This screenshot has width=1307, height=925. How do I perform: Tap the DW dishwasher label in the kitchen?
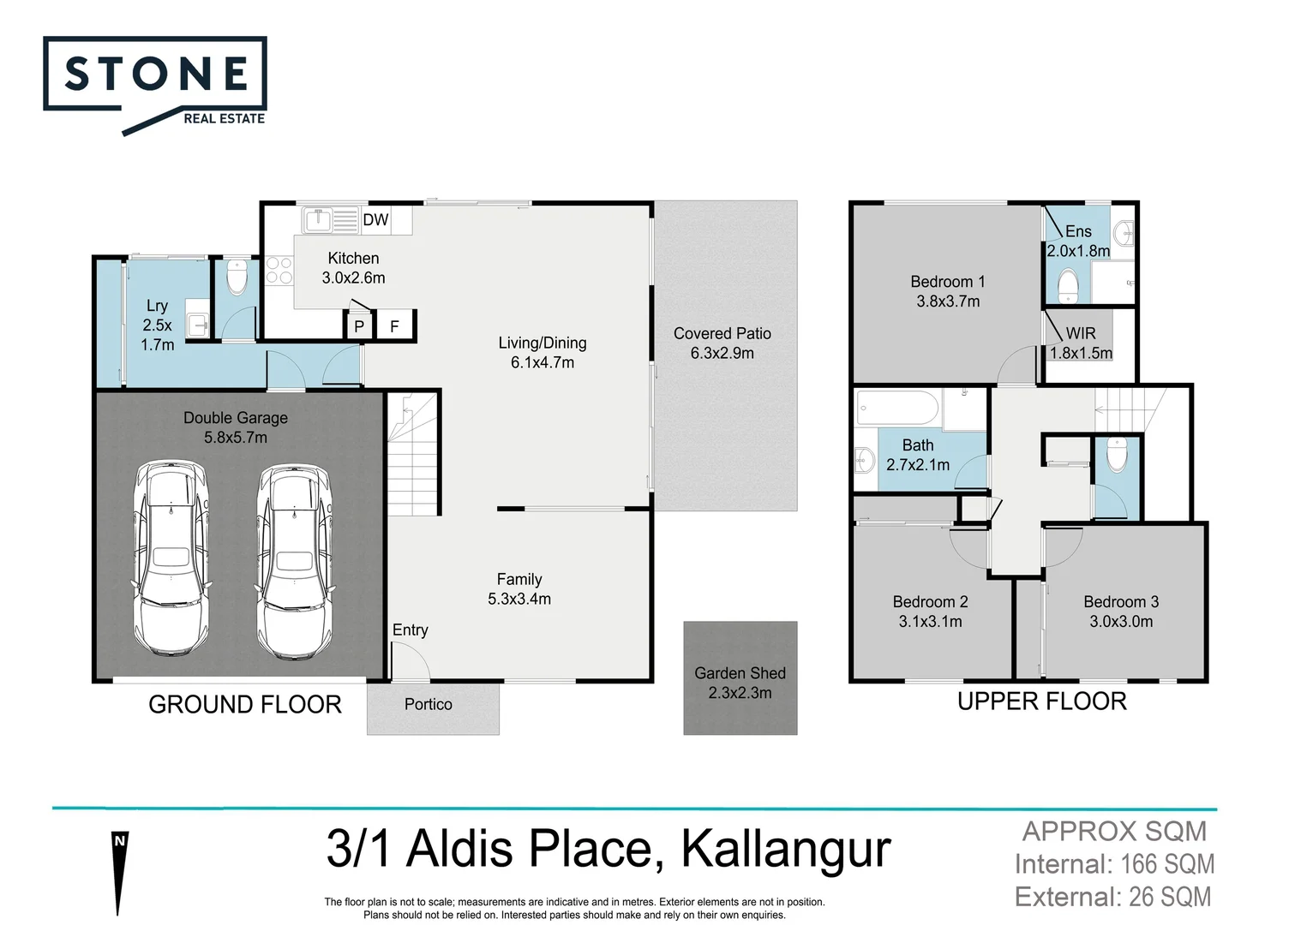(375, 220)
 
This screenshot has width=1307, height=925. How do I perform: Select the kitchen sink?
(318, 221)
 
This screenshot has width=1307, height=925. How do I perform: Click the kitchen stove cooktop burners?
(279, 271)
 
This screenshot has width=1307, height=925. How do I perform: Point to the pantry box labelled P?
(359, 326)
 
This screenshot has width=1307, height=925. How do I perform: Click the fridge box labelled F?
(395, 326)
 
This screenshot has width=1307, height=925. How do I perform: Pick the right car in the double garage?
(294, 561)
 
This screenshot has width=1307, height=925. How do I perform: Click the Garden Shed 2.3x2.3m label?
(740, 683)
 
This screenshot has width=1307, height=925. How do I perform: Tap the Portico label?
(428, 704)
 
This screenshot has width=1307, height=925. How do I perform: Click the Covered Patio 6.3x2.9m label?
(722, 343)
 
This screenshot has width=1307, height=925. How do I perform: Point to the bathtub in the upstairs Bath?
(898, 407)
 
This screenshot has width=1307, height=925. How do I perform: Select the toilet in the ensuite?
(1068, 286)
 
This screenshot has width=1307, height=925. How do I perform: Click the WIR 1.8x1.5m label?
(1081, 343)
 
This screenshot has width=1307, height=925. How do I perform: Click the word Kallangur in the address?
(785, 849)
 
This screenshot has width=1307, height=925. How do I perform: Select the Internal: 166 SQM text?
(1114, 864)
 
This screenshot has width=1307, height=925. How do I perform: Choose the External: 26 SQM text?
(1112, 897)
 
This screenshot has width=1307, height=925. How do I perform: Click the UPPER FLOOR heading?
(1041, 701)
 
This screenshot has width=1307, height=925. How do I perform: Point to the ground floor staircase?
(413, 454)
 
